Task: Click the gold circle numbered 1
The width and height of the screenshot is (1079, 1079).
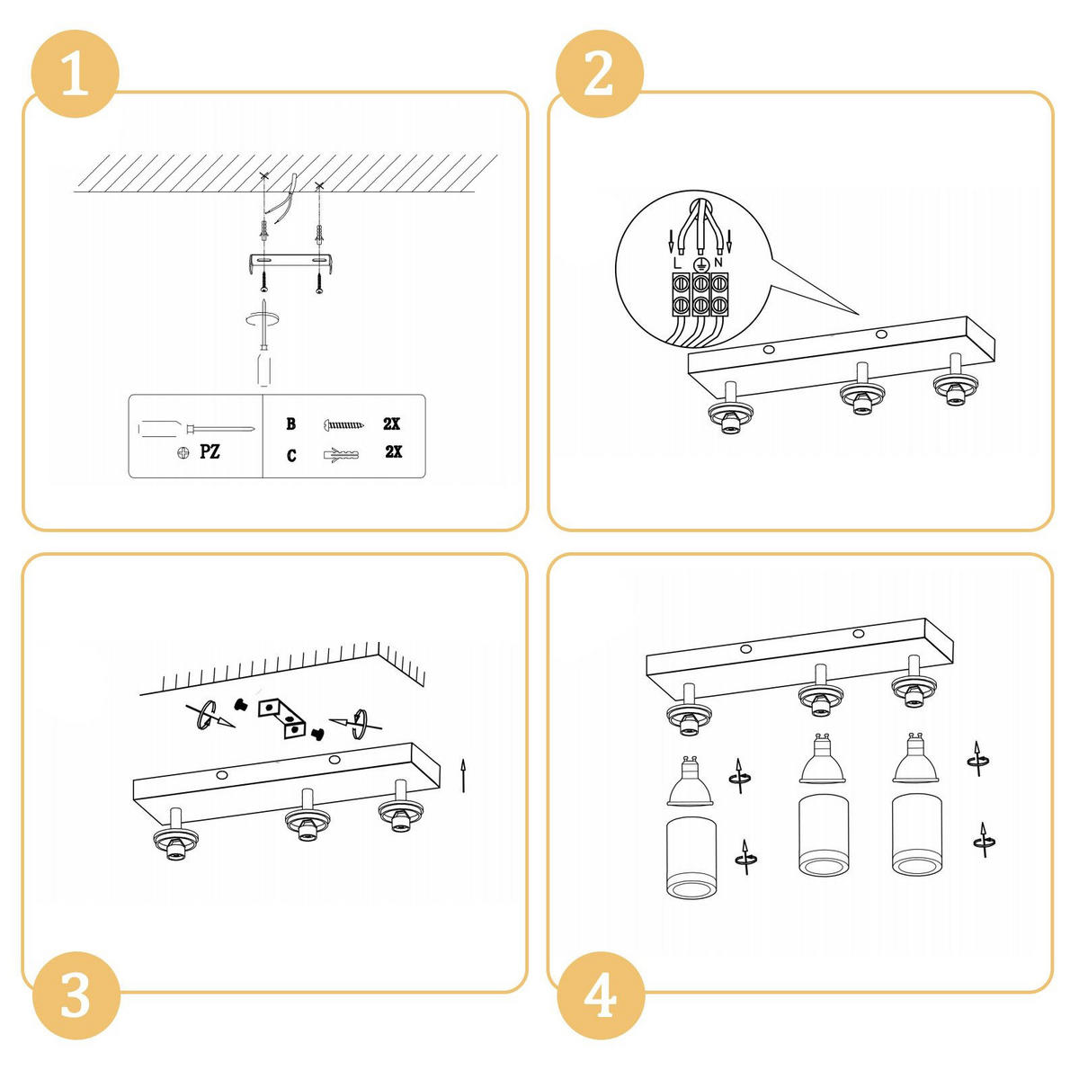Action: pos(75,74)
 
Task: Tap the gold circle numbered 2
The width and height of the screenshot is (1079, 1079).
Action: pos(599,74)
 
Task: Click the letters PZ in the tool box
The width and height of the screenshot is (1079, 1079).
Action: pos(210,451)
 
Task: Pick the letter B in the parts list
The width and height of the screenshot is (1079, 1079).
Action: pos(290,424)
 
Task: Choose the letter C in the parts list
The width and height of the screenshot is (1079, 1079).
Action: pos(291,456)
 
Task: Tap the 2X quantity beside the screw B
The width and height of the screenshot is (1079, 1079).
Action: pos(391,424)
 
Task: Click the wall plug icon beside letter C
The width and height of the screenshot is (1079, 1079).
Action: pos(341,454)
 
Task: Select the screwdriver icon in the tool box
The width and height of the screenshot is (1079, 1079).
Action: pos(196,430)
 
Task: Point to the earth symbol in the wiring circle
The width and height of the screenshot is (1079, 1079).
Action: pos(700,265)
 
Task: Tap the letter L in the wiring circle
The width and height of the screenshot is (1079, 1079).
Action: pos(678,263)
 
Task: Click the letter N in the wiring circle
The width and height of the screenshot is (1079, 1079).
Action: pos(718,262)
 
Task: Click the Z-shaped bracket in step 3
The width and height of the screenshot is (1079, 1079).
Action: pos(282,718)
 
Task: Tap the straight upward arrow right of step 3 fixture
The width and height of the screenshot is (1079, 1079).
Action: pos(463,776)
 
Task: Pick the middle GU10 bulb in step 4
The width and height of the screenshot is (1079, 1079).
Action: pos(822,758)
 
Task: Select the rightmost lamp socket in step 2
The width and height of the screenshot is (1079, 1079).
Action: pos(955,381)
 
